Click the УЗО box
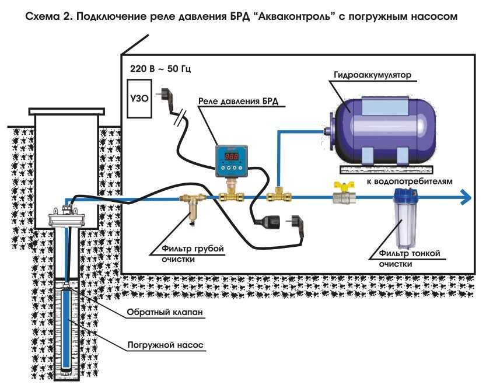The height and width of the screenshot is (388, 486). tap(139, 99)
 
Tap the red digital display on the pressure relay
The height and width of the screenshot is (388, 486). tap(232, 156)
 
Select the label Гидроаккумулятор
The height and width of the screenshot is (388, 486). tap(373, 75)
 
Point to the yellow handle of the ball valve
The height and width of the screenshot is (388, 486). tap(341, 186)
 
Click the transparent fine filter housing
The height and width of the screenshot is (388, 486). tap(405, 218)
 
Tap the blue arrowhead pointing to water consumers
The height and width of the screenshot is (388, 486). tap(465, 197)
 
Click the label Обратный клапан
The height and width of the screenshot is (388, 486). tap(165, 312)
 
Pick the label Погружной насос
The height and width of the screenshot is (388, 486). tap(166, 345)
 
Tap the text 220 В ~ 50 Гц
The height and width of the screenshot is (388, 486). tap(160, 68)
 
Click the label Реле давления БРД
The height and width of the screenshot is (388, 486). tap(239, 102)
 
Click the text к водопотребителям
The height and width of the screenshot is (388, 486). tap(410, 181)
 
